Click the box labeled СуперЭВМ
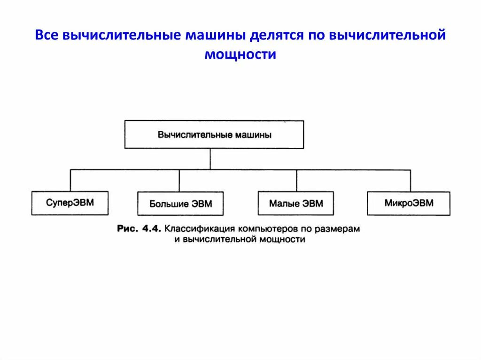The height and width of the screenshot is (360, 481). click(x=70, y=203)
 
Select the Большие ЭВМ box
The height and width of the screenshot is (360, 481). click(x=180, y=204)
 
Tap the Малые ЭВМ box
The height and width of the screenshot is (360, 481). click(x=296, y=204)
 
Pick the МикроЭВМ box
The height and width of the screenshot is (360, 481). click(x=409, y=203)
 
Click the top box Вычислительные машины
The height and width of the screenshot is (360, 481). click(x=214, y=135)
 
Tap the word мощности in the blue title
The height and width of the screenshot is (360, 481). click(x=240, y=54)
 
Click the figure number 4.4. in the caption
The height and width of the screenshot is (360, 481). click(x=151, y=229)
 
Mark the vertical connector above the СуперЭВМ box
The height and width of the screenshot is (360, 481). click(x=70, y=180)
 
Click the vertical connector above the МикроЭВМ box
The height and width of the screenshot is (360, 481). click(x=411, y=180)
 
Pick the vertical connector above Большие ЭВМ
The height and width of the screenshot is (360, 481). click(x=179, y=181)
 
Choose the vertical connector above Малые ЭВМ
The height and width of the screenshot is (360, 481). click(x=296, y=181)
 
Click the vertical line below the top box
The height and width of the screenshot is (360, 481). click(x=210, y=159)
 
